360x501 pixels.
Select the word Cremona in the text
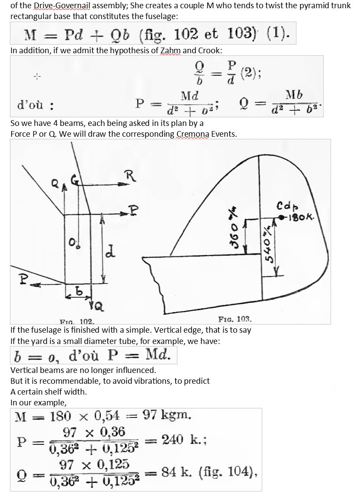pos(193,134)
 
